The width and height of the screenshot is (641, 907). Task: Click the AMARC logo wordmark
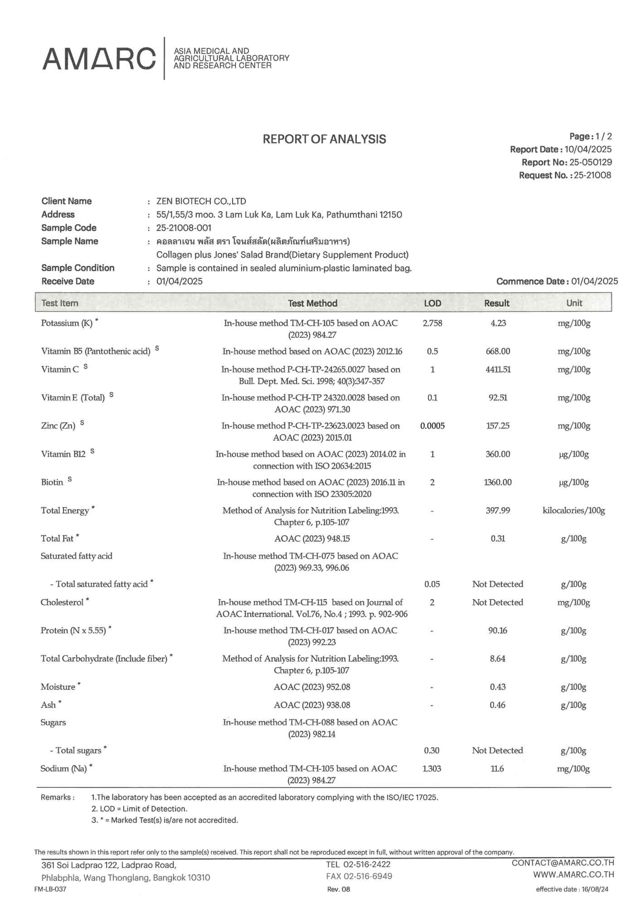tap(99, 59)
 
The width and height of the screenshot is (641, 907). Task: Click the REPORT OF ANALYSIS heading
tap(324, 139)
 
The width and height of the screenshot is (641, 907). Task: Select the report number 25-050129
tap(590, 162)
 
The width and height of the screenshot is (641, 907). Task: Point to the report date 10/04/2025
tap(588, 149)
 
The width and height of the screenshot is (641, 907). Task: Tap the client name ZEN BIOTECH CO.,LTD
tap(201, 201)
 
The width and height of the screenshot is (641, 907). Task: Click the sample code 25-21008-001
tap(184, 228)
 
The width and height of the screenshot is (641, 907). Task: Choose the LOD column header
tap(432, 303)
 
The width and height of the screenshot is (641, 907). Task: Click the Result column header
tap(497, 303)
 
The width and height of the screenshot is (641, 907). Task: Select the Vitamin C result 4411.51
tap(498, 370)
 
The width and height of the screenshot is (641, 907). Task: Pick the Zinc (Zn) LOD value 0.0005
tap(432, 426)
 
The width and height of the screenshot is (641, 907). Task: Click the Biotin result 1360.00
tap(498, 482)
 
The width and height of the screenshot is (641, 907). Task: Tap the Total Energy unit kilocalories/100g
tap(573, 511)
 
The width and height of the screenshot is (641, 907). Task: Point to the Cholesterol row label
tap(62, 602)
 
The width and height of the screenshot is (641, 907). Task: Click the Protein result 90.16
tap(498, 630)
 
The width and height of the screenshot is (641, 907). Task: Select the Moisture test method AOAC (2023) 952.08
tap(312, 687)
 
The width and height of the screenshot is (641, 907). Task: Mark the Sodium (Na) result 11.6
tap(497, 769)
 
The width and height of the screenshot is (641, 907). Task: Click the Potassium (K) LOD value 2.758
tap(432, 323)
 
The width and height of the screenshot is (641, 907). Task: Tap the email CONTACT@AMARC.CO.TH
tap(563, 863)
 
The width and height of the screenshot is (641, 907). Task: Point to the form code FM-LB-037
tap(50, 889)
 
